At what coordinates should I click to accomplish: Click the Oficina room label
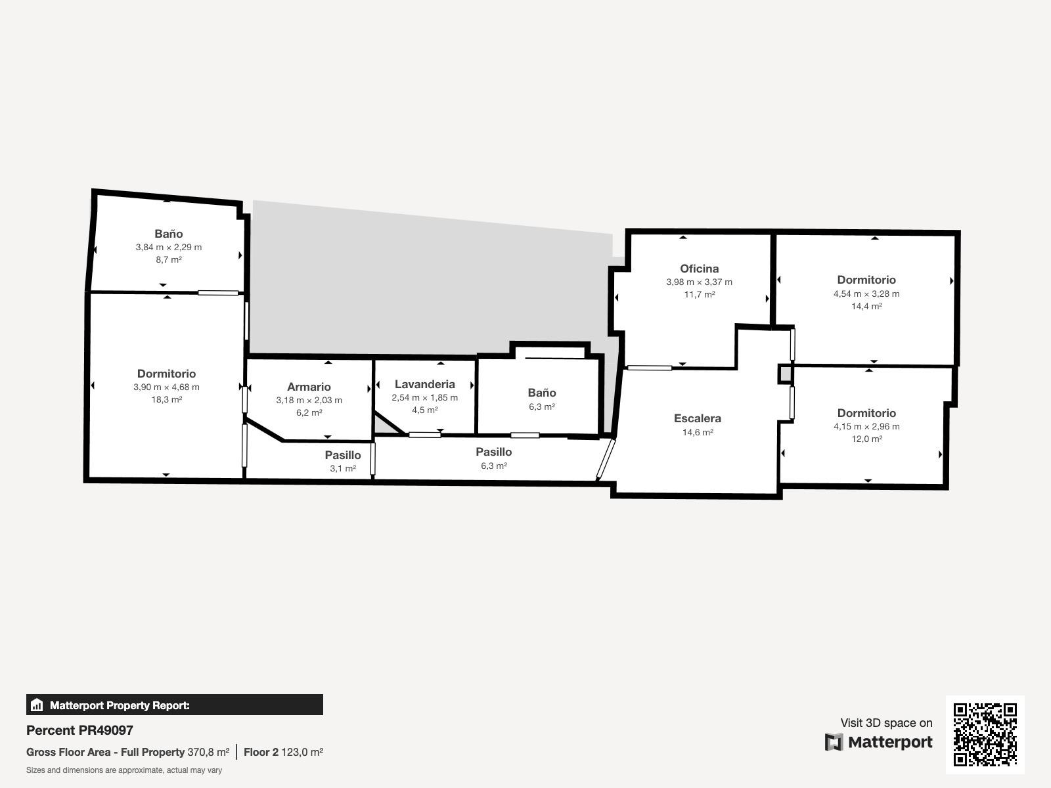tap(699, 269)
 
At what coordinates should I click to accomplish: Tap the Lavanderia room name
tap(425, 384)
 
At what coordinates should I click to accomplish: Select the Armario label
tap(309, 387)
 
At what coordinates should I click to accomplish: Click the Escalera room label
tap(697, 418)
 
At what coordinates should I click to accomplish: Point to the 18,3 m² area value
tap(167, 399)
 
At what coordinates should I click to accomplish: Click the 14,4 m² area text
tap(866, 306)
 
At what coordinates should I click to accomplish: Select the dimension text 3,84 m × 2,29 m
tap(169, 248)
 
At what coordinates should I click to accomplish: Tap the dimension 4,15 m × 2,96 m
tap(866, 426)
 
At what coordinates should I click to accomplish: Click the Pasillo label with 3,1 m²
tap(343, 455)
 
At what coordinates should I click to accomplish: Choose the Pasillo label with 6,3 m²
tap(494, 452)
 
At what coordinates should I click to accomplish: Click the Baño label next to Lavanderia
tap(542, 392)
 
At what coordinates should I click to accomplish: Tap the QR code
tap(985, 734)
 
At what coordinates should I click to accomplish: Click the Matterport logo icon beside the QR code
tap(834, 742)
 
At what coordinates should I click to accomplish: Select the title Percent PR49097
tap(79, 730)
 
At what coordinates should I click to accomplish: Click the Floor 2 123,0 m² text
tap(284, 752)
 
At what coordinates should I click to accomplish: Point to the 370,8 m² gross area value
tap(208, 752)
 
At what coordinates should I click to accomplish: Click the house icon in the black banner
tap(37, 705)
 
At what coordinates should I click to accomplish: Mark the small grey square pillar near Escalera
tap(785, 374)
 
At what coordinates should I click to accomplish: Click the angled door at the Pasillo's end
tap(606, 459)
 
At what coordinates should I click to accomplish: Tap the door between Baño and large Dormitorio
tap(218, 293)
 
